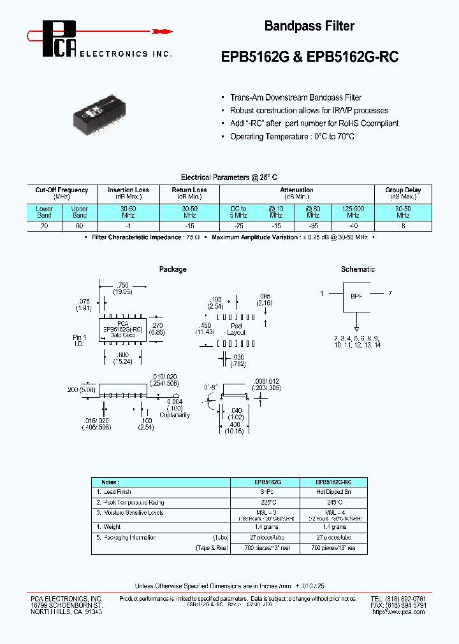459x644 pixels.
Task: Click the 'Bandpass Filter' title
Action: point(309,26)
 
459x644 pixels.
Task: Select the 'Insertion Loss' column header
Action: point(128,190)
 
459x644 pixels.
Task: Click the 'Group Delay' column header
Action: point(403,190)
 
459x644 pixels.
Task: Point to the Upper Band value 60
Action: point(80,225)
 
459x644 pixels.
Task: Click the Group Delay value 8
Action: point(403,225)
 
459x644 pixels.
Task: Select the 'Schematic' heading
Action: point(358,269)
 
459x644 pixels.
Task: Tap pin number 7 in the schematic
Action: point(390,293)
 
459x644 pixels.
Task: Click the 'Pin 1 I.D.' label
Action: point(78,340)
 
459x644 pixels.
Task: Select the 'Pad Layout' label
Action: point(236,328)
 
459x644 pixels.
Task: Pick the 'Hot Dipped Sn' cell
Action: point(334,492)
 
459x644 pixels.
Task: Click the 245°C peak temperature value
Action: point(334,502)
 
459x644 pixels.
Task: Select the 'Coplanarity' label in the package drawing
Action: point(175,414)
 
